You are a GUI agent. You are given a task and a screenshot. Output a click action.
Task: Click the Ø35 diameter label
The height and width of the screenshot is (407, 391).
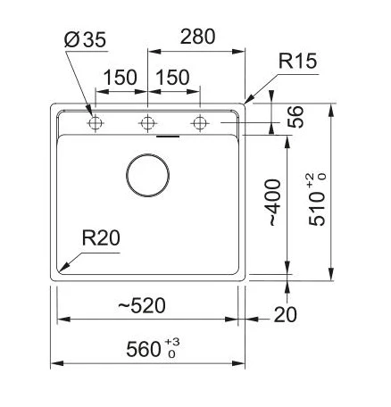(85, 39)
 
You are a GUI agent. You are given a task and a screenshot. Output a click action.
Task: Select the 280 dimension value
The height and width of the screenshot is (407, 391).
(197, 37)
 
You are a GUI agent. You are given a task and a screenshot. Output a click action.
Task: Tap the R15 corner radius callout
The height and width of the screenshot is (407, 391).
(297, 61)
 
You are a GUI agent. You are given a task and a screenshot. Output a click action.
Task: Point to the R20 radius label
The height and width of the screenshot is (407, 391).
(101, 238)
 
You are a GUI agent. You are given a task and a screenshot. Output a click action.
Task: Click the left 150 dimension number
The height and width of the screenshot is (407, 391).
(121, 78)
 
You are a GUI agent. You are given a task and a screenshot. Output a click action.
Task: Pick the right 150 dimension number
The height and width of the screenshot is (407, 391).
(172, 78)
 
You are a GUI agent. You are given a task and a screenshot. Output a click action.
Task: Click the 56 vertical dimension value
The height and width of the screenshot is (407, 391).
(296, 117)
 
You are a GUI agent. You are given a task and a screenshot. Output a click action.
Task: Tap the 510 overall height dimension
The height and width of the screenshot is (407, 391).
(317, 208)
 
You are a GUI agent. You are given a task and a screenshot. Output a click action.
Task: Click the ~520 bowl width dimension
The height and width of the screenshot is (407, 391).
(142, 305)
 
